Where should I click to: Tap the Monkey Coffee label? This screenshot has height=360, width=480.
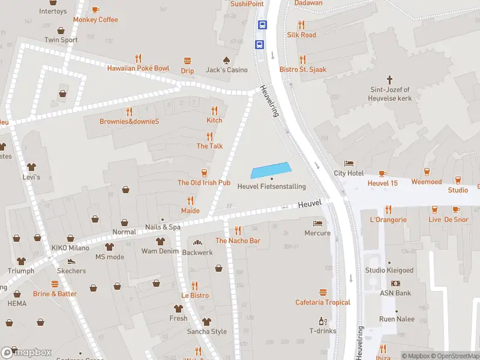point(95,20)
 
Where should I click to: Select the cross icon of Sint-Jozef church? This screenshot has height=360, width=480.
point(389,79)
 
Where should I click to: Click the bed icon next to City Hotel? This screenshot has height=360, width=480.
point(349,163)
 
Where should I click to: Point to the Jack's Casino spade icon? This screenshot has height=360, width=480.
point(226,60)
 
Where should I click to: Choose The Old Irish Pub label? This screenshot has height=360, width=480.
point(204,182)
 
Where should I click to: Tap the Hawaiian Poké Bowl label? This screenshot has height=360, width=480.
point(138,68)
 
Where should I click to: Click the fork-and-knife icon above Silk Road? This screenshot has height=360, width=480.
point(301,25)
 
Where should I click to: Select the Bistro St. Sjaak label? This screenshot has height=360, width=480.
point(303,70)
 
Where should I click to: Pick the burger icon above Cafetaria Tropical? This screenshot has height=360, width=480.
point(323,292)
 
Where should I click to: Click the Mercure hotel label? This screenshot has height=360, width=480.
point(317,233)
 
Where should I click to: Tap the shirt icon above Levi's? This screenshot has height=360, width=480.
point(31,167)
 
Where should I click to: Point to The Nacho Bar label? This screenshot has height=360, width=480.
point(238,241)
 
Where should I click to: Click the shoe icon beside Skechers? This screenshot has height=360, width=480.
point(71,262)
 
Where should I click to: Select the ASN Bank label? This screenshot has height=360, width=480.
point(395,293)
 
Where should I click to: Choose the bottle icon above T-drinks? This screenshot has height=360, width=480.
point(323,320)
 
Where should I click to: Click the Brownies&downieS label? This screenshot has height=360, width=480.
point(129,121)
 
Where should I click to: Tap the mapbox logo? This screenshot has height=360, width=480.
point(26,352)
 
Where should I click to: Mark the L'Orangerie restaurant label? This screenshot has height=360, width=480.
point(388,220)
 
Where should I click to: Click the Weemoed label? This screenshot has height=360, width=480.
point(427,182)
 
